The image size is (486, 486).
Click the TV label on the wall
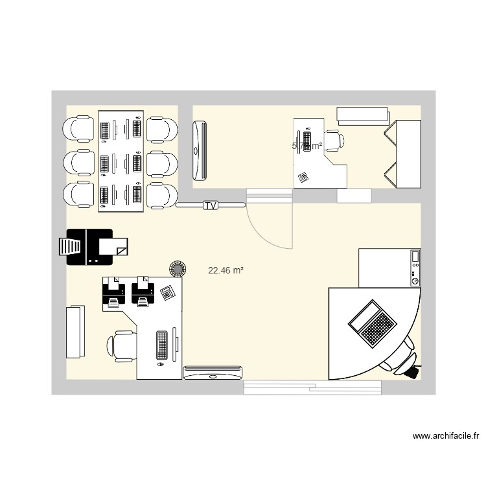(x=210, y=205)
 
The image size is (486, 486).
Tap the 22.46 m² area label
(x=226, y=271)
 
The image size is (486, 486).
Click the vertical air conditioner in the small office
(x=200, y=150)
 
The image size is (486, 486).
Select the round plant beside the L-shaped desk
(x=177, y=268)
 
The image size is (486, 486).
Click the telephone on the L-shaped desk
(x=168, y=291)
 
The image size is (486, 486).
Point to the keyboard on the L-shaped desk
(x=161, y=346)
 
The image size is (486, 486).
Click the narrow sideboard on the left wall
(x=75, y=331)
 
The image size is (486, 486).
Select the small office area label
(x=307, y=146)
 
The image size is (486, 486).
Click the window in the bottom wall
(x=314, y=387)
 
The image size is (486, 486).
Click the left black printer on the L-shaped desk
(x=114, y=291)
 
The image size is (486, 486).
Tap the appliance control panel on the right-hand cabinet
(x=415, y=268)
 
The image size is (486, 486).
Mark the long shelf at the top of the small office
(x=362, y=115)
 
